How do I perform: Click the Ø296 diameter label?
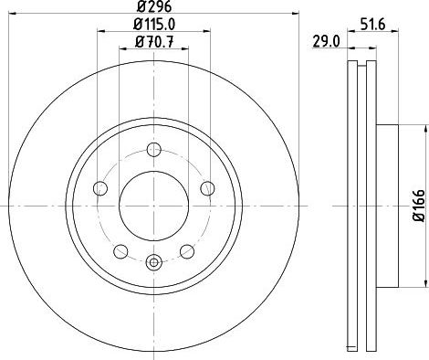tap(154, 6)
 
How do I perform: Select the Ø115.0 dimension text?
tap(154, 25)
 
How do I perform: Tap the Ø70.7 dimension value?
tap(154, 42)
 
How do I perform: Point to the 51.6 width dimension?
tap(372, 24)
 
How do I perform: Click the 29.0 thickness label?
tap(326, 42)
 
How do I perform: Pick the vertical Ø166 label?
tap(419, 206)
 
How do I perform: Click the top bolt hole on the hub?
tap(154, 149)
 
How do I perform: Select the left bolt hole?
tap(100, 188)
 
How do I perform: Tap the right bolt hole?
tap(208, 188)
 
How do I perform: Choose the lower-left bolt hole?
tap(120, 251)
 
